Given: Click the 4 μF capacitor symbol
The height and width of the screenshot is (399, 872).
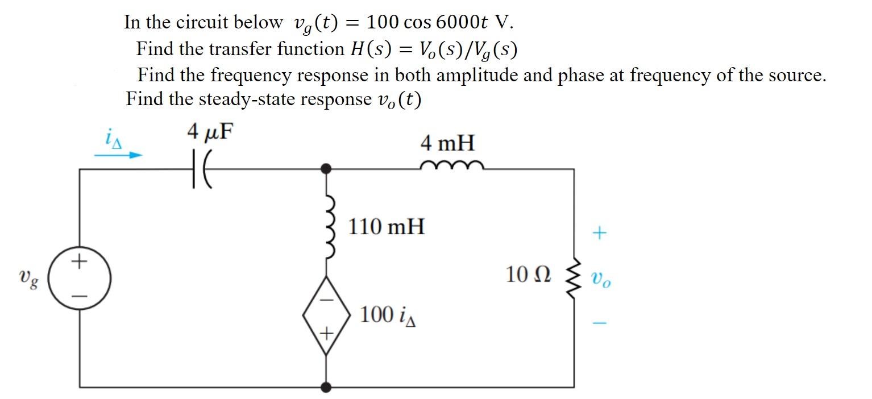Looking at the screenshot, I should click(200, 169).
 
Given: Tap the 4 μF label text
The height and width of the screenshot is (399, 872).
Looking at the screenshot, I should click(210, 132).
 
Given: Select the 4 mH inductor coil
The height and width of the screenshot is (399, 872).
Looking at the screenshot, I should click(452, 165).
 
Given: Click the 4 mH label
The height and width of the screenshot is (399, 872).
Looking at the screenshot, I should click(447, 143).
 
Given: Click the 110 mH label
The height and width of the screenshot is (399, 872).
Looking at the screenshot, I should click(386, 227).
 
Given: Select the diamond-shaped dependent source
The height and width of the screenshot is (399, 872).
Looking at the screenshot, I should click(326, 316).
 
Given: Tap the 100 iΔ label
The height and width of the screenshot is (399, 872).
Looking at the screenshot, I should click(389, 314).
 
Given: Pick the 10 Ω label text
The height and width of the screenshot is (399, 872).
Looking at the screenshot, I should click(528, 275).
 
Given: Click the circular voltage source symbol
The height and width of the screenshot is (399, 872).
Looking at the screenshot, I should click(79, 279).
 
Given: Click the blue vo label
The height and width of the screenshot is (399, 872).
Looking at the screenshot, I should click(601, 279).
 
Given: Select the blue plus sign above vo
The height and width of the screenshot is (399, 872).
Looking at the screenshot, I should click(600, 232).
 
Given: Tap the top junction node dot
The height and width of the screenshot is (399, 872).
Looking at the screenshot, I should click(326, 169).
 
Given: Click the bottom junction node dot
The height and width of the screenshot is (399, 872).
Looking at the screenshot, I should click(326, 387).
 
